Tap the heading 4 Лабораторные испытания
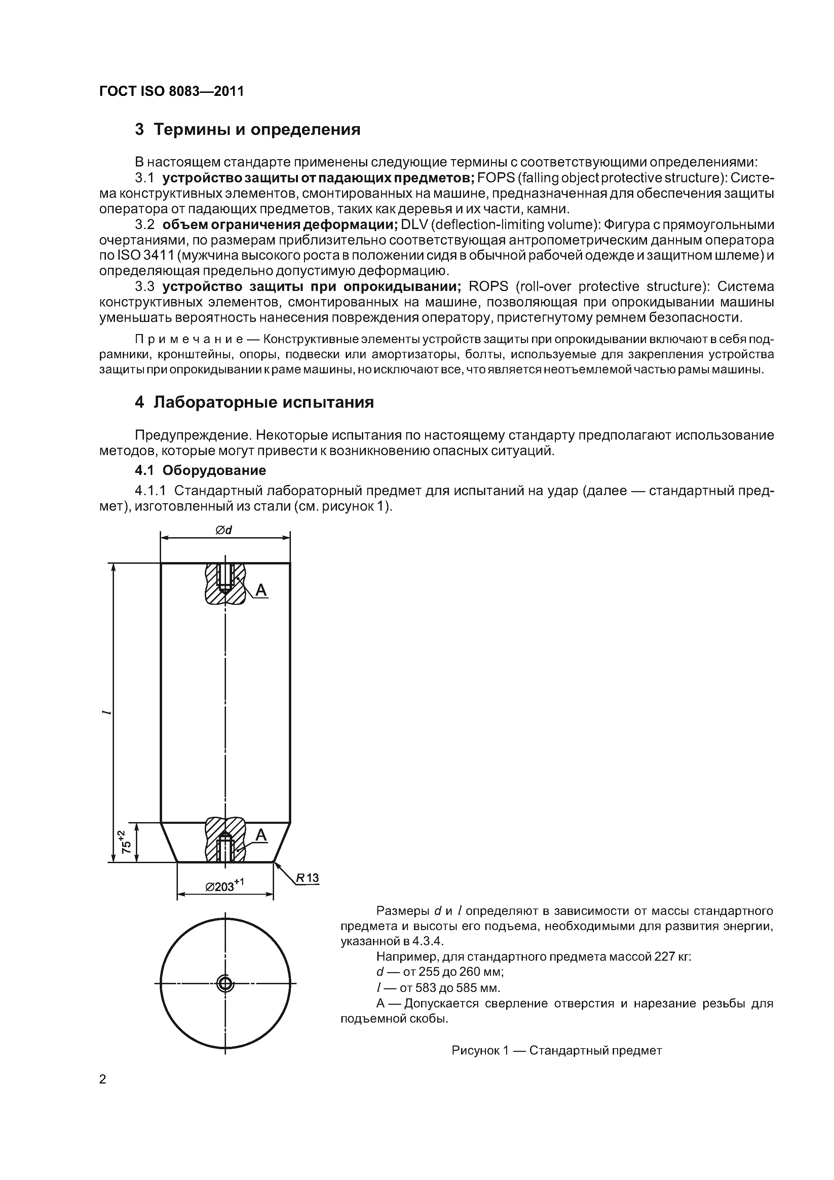pos(254,402)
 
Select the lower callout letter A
pos(261,835)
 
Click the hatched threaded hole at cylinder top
pos(225,583)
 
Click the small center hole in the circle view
pos(225,984)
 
